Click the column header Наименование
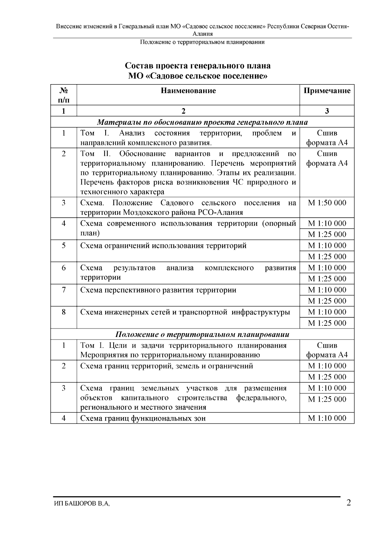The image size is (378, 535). point(188,91)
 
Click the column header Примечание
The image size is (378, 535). point(327,91)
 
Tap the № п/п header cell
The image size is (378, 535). point(64,95)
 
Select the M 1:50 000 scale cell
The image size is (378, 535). point(327,203)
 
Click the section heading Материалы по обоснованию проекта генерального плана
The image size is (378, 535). point(202,122)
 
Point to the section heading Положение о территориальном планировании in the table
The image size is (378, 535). point(202,334)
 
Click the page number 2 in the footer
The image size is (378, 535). point(349,503)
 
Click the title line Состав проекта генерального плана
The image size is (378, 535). point(198,66)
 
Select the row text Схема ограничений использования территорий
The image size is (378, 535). point(163,246)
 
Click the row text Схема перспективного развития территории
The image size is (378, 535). point(158,290)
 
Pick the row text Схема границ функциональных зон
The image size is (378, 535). point(143,418)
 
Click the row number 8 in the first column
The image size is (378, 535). point(64,312)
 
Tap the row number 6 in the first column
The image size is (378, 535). point(64,268)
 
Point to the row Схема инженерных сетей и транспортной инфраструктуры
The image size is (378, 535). point(185,312)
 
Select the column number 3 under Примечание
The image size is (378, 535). point(327,111)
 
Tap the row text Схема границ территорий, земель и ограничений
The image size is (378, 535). point(167,366)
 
